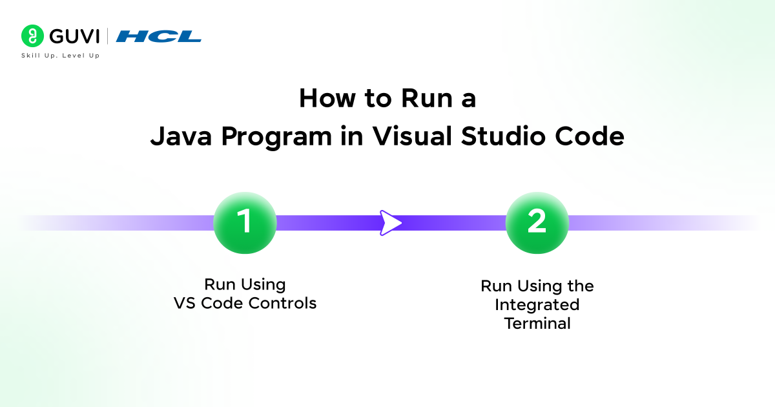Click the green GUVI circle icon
pos(32,36)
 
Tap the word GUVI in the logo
pos(74,36)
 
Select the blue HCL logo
pos(158,36)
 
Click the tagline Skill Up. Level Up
pos(61,56)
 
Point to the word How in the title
pos(327,98)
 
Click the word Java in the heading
pos(181,137)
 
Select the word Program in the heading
pos(276,138)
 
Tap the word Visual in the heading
pos(412,136)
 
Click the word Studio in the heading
pos(503,136)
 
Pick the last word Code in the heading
pos(590,136)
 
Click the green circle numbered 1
pos(245,222)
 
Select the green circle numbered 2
pos(537,222)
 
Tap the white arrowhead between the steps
pos(390,222)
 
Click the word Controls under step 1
pos(282,303)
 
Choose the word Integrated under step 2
pos(537,305)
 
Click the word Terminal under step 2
pos(537,324)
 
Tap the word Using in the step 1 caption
pos(263,285)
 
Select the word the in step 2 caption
pos(579,286)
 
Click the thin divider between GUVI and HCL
pos(107,36)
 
